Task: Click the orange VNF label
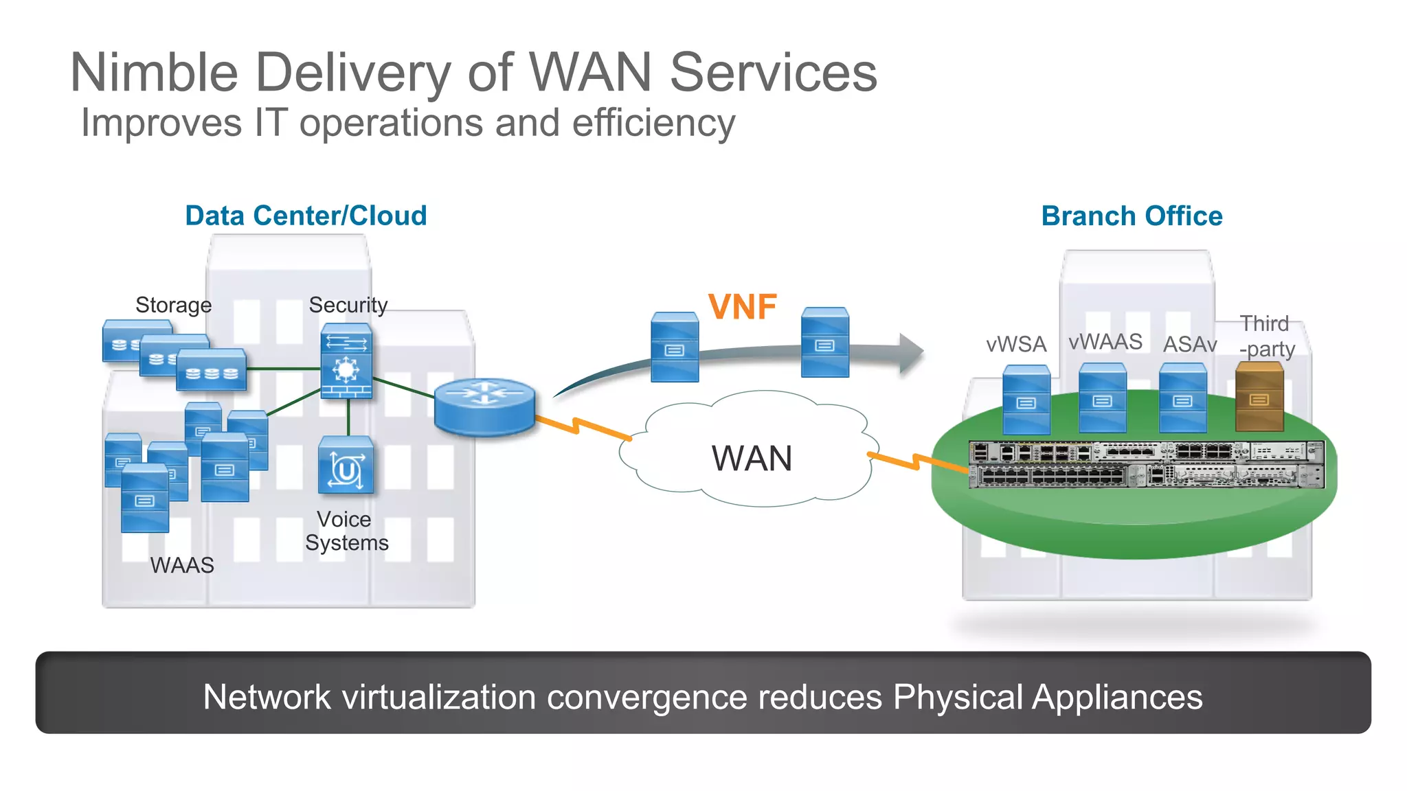point(742,307)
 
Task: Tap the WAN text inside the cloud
point(752,459)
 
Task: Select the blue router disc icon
point(484,406)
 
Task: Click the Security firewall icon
point(346,361)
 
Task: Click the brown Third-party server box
point(1259,397)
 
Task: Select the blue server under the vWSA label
point(1026,400)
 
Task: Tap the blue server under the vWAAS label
point(1102,398)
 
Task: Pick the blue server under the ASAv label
point(1182,398)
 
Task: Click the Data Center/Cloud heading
point(306,216)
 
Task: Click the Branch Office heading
point(1132,216)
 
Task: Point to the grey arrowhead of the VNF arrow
point(911,353)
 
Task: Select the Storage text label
point(173,305)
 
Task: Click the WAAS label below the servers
point(182,565)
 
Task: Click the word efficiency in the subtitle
point(653,123)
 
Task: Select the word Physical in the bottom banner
point(958,697)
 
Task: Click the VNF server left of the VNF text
point(674,347)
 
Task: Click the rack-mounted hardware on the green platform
point(1146,465)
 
